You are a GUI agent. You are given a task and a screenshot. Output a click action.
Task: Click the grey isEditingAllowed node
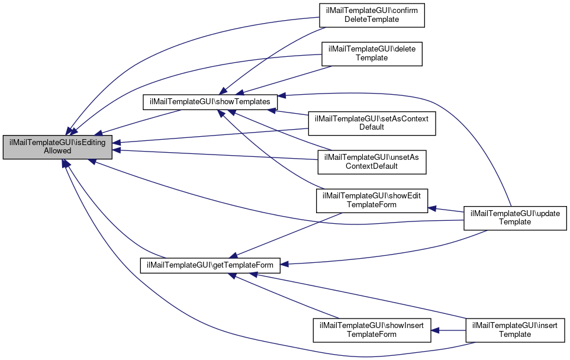pyautogui.click(x=57, y=146)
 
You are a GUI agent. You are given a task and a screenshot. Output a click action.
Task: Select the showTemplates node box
pyautogui.click(x=211, y=102)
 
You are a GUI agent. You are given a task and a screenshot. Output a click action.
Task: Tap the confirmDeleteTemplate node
pyautogui.click(x=372, y=15)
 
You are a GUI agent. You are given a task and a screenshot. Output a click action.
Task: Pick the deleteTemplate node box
pyautogui.click(x=372, y=53)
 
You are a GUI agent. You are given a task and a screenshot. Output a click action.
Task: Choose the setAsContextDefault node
pyautogui.click(x=372, y=123)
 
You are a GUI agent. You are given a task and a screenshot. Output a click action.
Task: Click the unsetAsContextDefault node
pyautogui.click(x=372, y=161)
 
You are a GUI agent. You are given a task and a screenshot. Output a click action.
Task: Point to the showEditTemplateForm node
pyautogui.click(x=372, y=201)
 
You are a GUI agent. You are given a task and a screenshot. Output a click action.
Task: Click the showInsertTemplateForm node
pyautogui.click(x=372, y=330)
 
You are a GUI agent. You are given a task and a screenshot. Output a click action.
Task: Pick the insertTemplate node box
pyautogui.click(x=515, y=330)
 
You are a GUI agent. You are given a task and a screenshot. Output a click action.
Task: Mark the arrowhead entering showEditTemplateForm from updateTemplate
pyautogui.click(x=433, y=208)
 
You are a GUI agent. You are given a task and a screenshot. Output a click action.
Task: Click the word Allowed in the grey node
pyautogui.click(x=57, y=151)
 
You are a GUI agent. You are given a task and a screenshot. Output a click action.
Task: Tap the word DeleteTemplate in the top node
pyautogui.click(x=372, y=19)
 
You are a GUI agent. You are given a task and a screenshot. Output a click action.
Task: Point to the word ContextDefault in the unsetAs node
pyautogui.click(x=372, y=166)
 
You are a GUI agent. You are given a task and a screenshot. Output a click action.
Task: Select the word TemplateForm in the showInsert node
pyautogui.click(x=372, y=335)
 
